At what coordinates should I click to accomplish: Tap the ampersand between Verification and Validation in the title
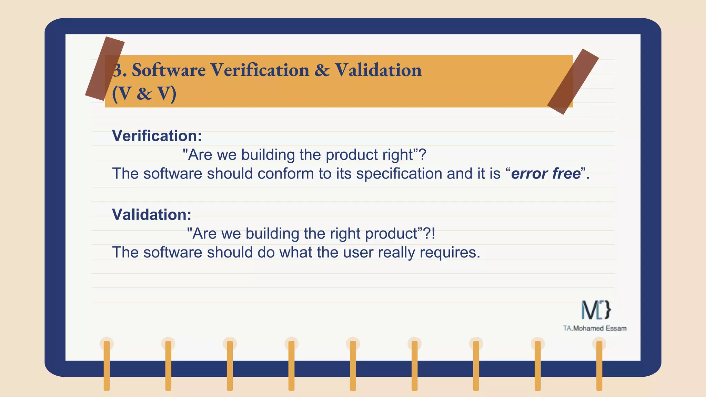point(322,70)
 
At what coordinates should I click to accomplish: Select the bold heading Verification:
point(157,136)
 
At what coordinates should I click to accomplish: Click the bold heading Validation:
point(152,215)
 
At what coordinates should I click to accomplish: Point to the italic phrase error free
point(546,174)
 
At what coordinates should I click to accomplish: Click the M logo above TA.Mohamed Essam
point(596,310)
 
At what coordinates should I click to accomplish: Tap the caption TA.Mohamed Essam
point(595,328)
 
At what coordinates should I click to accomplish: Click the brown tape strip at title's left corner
point(105,69)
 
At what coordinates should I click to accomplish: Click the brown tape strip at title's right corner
point(573,82)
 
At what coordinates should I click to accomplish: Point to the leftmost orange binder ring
point(107,365)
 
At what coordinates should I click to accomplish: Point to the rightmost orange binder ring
point(599,365)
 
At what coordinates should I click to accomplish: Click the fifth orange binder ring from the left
point(353,365)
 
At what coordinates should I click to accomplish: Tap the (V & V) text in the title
point(144,93)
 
